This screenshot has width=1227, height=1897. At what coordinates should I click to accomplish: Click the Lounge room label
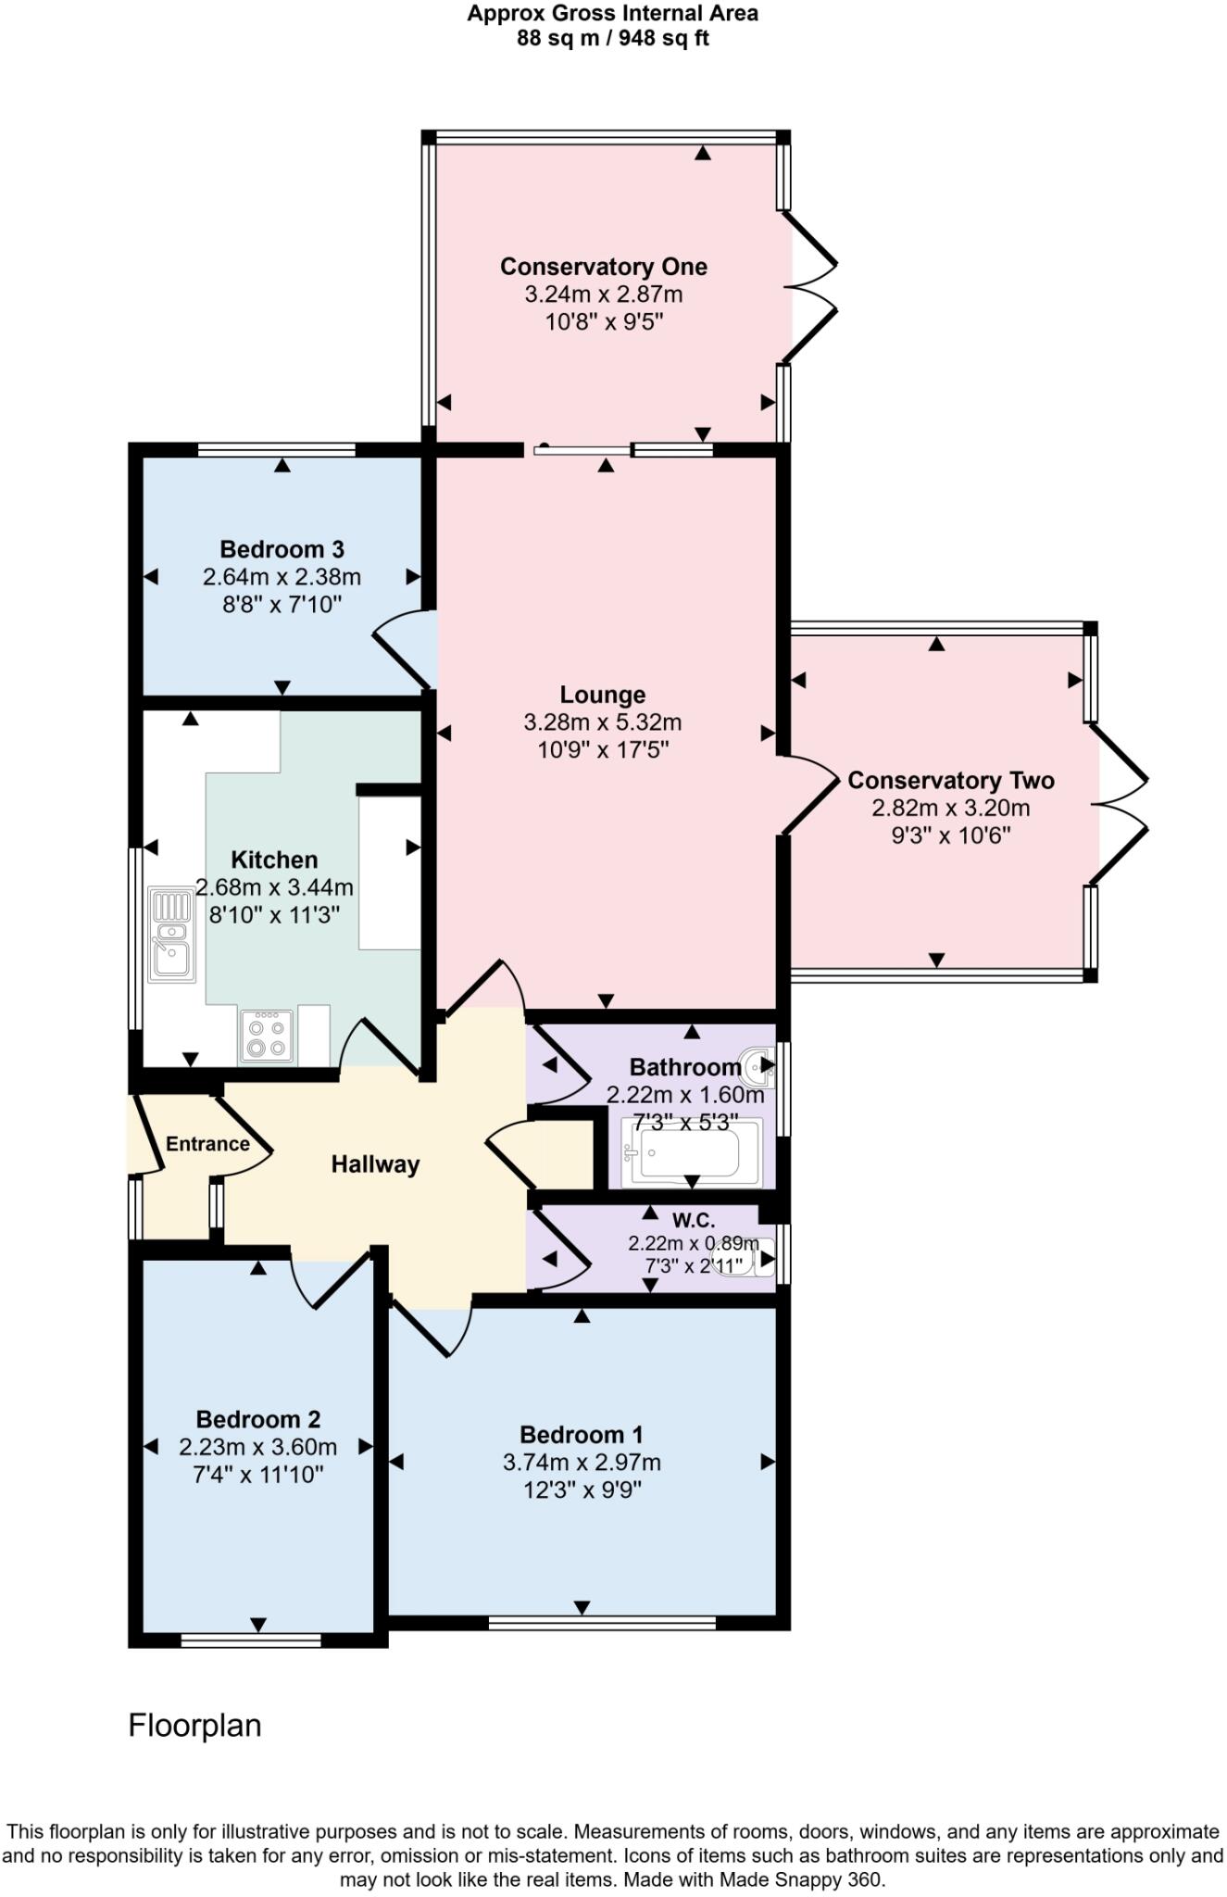[603, 695]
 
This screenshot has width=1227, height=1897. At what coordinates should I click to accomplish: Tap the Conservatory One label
[604, 267]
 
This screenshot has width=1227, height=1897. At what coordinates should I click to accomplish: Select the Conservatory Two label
[951, 781]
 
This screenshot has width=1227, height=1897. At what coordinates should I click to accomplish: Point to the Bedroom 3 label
[282, 549]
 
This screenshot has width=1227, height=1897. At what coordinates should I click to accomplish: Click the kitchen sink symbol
[172, 935]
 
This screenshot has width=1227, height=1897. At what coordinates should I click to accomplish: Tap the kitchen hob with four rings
[267, 1036]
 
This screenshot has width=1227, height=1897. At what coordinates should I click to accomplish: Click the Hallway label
[375, 1164]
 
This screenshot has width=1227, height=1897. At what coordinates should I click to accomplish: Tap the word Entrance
[207, 1144]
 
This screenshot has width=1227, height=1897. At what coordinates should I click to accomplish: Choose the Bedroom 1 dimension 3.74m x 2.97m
[582, 1463]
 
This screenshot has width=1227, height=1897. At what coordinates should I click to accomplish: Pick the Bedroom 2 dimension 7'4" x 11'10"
[257, 1474]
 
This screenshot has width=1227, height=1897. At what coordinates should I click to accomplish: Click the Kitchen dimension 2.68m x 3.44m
[274, 887]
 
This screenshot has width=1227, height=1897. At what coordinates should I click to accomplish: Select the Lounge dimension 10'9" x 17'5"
[603, 749]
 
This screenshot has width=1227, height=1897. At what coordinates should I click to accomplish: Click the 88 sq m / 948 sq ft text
[613, 39]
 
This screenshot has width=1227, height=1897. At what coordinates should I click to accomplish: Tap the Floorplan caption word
[194, 1726]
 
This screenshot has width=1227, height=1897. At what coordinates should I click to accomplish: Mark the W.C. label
[694, 1221]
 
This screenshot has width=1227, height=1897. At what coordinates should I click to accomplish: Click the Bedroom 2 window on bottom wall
[251, 1640]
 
